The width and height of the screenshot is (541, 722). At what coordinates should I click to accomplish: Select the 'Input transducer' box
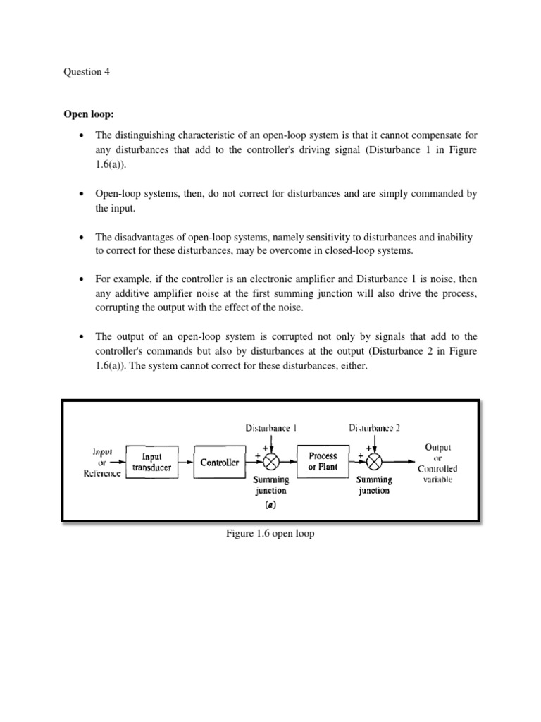click(x=152, y=462)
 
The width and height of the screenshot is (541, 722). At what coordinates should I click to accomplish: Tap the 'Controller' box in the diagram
click(x=219, y=463)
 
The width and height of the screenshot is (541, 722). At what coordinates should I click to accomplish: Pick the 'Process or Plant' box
click(x=323, y=461)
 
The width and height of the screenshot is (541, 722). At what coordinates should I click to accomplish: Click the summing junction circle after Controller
click(x=270, y=463)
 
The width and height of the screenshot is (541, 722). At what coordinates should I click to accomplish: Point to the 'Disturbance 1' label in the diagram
click(x=270, y=428)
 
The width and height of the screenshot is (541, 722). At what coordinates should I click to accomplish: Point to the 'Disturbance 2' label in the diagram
click(x=374, y=428)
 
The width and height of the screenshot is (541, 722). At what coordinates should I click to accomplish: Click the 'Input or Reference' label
click(x=103, y=462)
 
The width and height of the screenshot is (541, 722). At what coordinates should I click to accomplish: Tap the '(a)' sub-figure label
click(x=270, y=505)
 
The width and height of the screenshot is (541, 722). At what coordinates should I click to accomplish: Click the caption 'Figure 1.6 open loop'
click(x=270, y=534)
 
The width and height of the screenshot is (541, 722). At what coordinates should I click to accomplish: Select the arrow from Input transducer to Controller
click(x=184, y=463)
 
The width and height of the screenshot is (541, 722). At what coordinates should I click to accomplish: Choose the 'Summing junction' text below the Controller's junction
click(x=270, y=485)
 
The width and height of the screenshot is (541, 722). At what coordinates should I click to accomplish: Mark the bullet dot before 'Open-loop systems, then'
click(x=83, y=193)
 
